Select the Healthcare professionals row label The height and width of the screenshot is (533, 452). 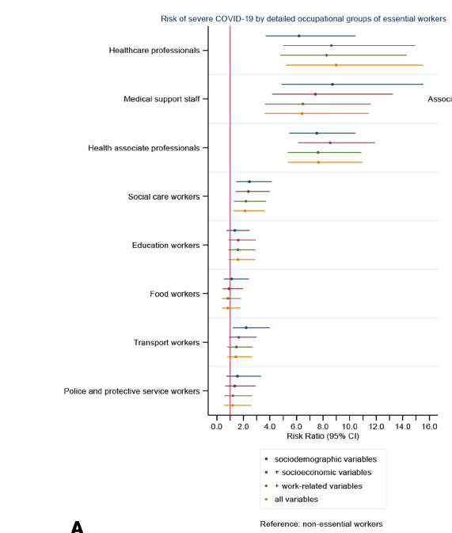154,51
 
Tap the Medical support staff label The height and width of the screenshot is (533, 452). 161,99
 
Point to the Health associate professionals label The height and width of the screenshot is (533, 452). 143,148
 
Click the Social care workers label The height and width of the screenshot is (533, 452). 164,196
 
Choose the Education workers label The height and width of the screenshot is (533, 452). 165,246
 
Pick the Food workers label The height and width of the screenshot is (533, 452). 174,294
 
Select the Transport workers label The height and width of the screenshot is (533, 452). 166,343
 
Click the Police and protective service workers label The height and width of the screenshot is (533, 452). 131,391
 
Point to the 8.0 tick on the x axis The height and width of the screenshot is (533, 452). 323,427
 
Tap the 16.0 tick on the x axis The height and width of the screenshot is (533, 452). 429,427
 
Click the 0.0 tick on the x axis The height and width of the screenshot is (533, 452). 217,427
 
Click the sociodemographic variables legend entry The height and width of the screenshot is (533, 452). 325,459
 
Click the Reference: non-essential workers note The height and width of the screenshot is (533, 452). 321,524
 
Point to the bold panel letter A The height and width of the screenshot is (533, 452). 77,527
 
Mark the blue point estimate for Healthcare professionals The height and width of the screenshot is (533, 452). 298,36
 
